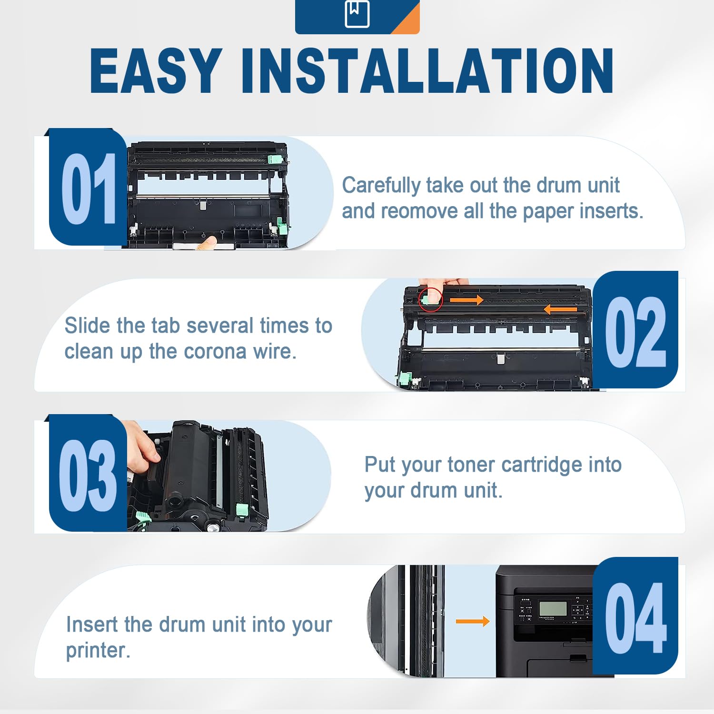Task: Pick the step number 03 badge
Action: point(88,473)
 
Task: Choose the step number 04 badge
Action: point(635,616)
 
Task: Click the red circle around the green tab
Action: point(430,299)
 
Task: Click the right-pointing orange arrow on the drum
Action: point(466,300)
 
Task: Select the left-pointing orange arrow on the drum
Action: point(560,310)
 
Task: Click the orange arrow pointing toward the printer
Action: point(473,621)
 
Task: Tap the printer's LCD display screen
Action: point(552,608)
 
